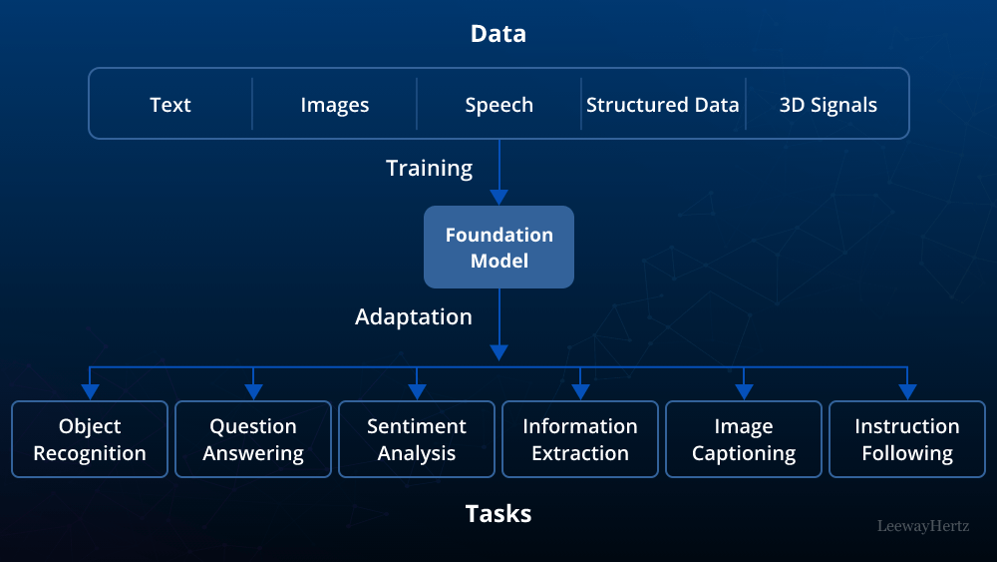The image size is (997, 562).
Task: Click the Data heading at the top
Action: [x=498, y=34]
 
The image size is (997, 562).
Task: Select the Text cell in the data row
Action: [x=170, y=105]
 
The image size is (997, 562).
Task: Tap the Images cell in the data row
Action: [x=335, y=105]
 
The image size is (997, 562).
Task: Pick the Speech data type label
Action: [x=498, y=105]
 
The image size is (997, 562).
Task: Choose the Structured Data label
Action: [x=663, y=105]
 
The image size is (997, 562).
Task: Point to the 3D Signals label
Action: [x=828, y=105]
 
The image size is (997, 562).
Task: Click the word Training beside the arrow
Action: [x=430, y=169]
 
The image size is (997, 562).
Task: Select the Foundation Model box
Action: [x=498, y=248]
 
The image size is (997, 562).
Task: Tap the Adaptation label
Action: [x=414, y=317]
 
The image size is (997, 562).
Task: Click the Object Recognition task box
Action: [x=90, y=439]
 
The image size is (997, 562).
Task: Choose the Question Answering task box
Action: [x=253, y=439]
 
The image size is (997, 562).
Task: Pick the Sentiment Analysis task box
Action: [x=417, y=439]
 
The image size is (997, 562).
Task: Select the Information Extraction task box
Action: [x=580, y=439]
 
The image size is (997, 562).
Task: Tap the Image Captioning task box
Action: [x=744, y=439]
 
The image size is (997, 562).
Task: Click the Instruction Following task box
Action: [x=907, y=439]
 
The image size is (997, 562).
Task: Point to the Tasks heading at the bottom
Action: [x=498, y=514]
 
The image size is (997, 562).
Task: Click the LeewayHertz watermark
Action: [x=922, y=525]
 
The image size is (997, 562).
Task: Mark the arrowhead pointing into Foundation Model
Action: [x=498, y=197]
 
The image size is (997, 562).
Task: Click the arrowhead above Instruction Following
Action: [x=907, y=391]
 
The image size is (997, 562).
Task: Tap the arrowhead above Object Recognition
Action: [x=90, y=391]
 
